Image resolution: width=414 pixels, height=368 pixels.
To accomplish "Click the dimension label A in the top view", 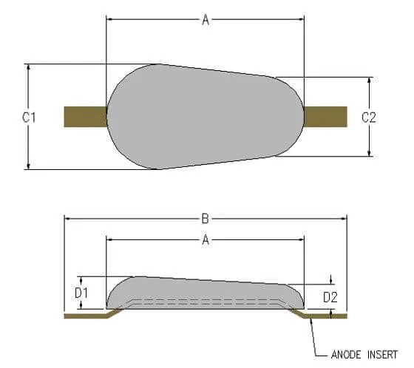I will [206, 20].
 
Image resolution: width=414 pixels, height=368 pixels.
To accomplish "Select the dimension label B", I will [206, 218].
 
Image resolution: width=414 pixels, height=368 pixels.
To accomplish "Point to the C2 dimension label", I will [369, 117].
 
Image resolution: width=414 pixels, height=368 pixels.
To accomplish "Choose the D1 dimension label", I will [82, 293].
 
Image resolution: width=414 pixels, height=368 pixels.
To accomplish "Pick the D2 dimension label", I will [331, 297].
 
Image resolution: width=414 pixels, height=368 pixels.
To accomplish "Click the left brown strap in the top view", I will [85, 117].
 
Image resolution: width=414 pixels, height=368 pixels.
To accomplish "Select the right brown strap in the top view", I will [325, 117].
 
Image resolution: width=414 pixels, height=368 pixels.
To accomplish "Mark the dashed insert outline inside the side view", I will [207, 301].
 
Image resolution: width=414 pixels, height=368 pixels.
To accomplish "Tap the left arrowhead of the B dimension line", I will [69, 218].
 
